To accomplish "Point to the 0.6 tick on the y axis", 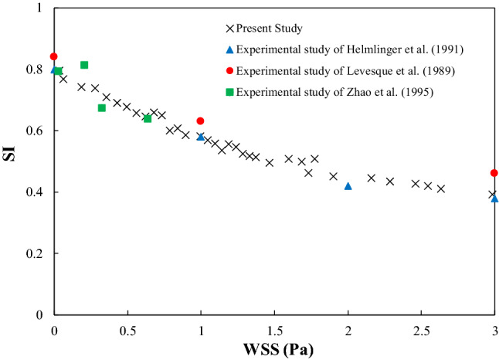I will pos(35,131).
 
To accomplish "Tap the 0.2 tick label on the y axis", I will pos(35,253).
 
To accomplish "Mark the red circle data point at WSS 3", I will pos(494,173).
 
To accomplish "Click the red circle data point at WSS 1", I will pos(201,121).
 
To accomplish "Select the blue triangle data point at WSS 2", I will pos(348,186).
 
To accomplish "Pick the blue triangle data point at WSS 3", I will pos(494,199).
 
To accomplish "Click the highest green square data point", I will pos(84,65).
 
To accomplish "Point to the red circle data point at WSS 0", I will pos(53,56).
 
